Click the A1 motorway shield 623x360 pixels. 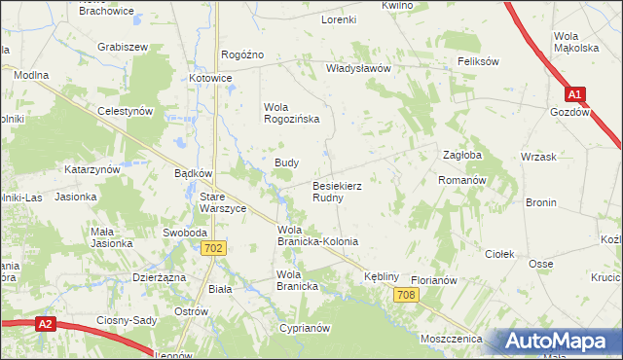(575, 94)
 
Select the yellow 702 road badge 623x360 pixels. (216, 249)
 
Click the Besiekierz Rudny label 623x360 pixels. (339, 191)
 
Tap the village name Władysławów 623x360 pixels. (357, 69)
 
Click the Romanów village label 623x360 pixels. (461, 181)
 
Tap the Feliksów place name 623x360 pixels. (478, 61)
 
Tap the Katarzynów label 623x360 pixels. (92, 169)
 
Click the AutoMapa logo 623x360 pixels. (558, 342)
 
